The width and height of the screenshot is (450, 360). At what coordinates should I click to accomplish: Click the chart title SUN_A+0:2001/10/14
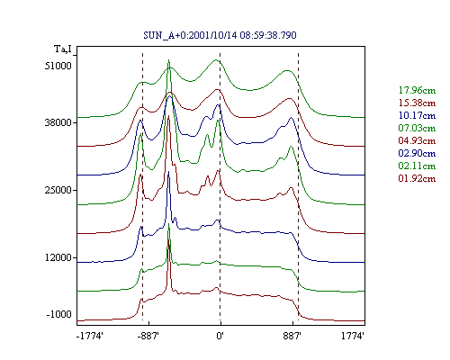(x=190, y=35)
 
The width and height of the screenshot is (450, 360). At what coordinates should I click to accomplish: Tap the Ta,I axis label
(x=63, y=49)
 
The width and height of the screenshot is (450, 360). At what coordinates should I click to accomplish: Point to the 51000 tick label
(x=58, y=66)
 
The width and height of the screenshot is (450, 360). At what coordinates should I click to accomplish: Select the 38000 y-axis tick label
(x=58, y=122)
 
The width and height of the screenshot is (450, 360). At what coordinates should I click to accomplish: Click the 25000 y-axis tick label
(x=58, y=190)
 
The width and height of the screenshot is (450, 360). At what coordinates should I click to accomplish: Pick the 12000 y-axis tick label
(x=58, y=257)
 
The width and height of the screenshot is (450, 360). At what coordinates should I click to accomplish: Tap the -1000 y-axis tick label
(x=58, y=314)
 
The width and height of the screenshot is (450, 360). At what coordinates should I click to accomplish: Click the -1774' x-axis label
(x=90, y=336)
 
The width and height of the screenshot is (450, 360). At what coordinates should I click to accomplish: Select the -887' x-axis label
(x=148, y=336)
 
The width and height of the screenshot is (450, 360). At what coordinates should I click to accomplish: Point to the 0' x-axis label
(x=220, y=336)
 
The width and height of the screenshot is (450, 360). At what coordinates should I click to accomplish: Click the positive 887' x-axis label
(x=292, y=336)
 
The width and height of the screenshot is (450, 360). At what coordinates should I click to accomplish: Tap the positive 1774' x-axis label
(x=353, y=336)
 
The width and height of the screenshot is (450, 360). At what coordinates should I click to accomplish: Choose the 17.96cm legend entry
(x=417, y=90)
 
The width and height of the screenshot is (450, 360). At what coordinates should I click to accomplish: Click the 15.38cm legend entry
(x=417, y=103)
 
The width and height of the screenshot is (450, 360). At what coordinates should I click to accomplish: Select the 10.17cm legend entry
(x=417, y=115)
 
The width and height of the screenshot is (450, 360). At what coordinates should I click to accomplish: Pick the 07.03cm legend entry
(x=417, y=128)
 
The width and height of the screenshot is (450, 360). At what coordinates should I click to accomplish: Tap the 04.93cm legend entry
(x=417, y=140)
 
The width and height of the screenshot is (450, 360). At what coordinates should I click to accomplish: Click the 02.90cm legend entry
(x=417, y=153)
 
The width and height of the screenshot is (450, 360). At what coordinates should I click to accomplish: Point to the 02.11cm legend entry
(x=417, y=166)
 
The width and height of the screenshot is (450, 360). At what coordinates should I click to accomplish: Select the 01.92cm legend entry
(x=417, y=178)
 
